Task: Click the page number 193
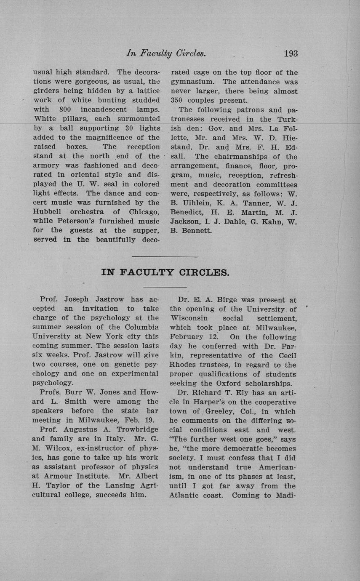(x=291, y=53)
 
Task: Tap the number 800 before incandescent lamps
(x=66, y=109)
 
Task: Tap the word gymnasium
(x=193, y=82)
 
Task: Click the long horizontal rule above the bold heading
(x=165, y=256)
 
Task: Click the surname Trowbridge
(x=137, y=429)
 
